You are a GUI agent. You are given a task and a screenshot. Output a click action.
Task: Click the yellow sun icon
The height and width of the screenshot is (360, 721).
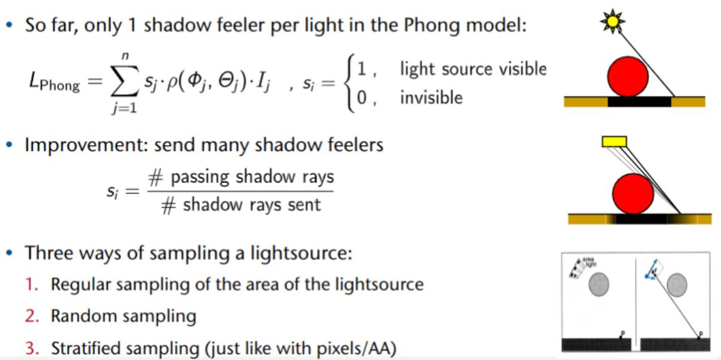[612, 22]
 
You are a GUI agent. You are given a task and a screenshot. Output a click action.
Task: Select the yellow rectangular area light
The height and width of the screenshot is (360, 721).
[614, 142]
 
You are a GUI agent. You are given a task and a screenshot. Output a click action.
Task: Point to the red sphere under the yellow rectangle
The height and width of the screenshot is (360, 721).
[632, 194]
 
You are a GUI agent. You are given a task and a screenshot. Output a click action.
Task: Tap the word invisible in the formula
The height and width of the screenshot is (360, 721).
[431, 97]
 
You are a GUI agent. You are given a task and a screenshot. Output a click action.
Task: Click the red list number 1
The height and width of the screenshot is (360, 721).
[30, 284]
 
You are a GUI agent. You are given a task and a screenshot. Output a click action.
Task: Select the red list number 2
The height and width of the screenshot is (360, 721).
[30, 316]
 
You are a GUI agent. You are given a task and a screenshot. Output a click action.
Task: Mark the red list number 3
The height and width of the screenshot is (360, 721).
[30, 348]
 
